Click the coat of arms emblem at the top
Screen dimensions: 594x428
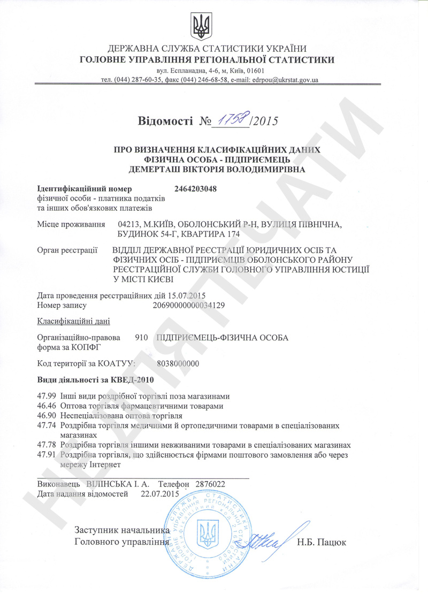202,25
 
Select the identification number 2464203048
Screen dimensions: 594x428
196,188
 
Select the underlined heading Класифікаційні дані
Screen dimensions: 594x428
73,321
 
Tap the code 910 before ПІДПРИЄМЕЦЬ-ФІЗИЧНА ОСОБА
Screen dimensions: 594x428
141,338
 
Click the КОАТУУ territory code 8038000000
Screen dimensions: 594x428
178,363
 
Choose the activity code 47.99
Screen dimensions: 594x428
47,397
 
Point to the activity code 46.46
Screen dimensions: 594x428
47,406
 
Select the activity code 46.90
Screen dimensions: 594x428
47,415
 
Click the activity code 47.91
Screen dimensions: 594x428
47,454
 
